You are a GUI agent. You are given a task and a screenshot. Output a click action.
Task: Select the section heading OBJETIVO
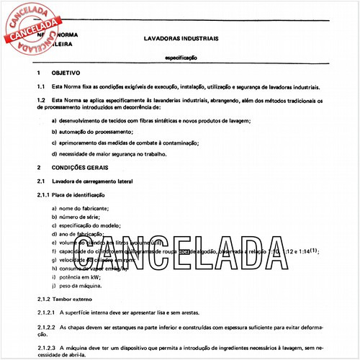pos(66,73)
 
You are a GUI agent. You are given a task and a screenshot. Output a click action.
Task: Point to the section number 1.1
pos(41,86)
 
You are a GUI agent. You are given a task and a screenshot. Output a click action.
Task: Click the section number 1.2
pos(41,100)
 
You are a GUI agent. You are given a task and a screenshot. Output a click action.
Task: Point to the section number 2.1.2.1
pos(47,312)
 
